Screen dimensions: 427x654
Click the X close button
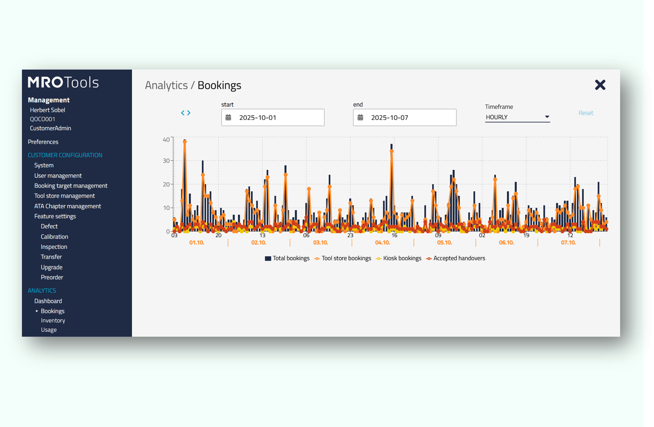[x=600, y=85]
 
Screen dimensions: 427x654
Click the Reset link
[x=585, y=113]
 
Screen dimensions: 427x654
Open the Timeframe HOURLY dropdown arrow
[x=547, y=117]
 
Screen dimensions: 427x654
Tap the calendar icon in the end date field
[x=360, y=117]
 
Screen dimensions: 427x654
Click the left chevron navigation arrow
[x=183, y=113]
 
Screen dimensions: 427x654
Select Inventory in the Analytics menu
[x=53, y=320]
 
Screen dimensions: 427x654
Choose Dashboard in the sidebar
[x=48, y=301]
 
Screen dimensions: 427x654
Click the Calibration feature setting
[x=54, y=236]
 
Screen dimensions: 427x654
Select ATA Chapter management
[x=67, y=206]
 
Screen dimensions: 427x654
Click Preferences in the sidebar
[x=43, y=141]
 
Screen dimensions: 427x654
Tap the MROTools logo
[x=63, y=82]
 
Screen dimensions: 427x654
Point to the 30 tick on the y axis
[x=166, y=160]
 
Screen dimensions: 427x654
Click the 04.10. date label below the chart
[x=382, y=242]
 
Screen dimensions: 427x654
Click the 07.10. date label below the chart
[x=568, y=242]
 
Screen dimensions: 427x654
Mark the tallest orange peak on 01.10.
[x=185, y=142]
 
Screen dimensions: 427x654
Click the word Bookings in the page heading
[x=219, y=85]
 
